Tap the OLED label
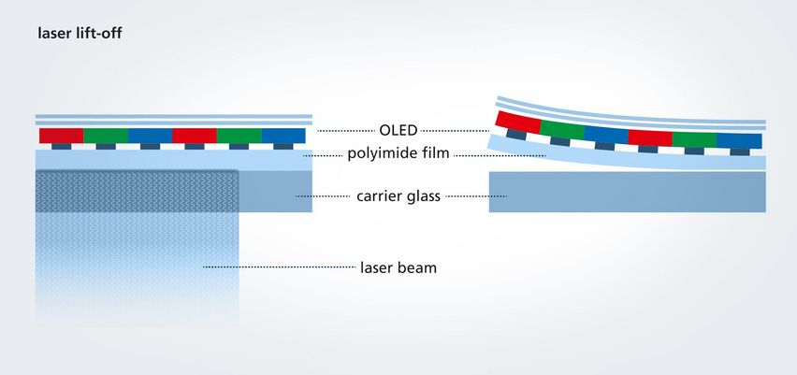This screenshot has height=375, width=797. (398, 130)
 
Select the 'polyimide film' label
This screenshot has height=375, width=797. (398, 153)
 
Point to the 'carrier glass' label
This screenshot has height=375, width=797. (398, 196)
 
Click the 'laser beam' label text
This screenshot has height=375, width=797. (398, 267)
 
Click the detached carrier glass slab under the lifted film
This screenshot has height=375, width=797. (628, 192)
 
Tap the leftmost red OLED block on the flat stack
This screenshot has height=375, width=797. (61, 136)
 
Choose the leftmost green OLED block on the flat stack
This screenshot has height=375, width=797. (105, 136)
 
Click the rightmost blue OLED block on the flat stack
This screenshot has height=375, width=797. (283, 136)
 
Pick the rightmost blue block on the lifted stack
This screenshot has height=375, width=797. (739, 140)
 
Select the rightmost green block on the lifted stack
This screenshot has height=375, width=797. (694, 139)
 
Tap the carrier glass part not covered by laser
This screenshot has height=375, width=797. (275, 191)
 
